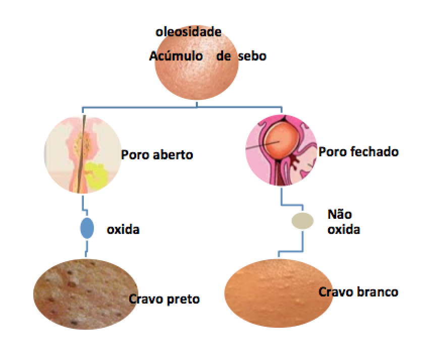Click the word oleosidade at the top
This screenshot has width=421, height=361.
pyautogui.click(x=189, y=32)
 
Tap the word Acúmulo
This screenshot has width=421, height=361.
pyautogui.click(x=176, y=56)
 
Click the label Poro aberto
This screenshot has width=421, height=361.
pyautogui.click(x=157, y=155)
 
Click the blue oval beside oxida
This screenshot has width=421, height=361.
pyautogui.click(x=87, y=228)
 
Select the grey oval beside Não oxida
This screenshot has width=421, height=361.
pyautogui.click(x=303, y=220)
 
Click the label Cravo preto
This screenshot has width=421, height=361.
pyautogui.click(x=165, y=299)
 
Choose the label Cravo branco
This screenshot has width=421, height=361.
pyautogui.click(x=358, y=291)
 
